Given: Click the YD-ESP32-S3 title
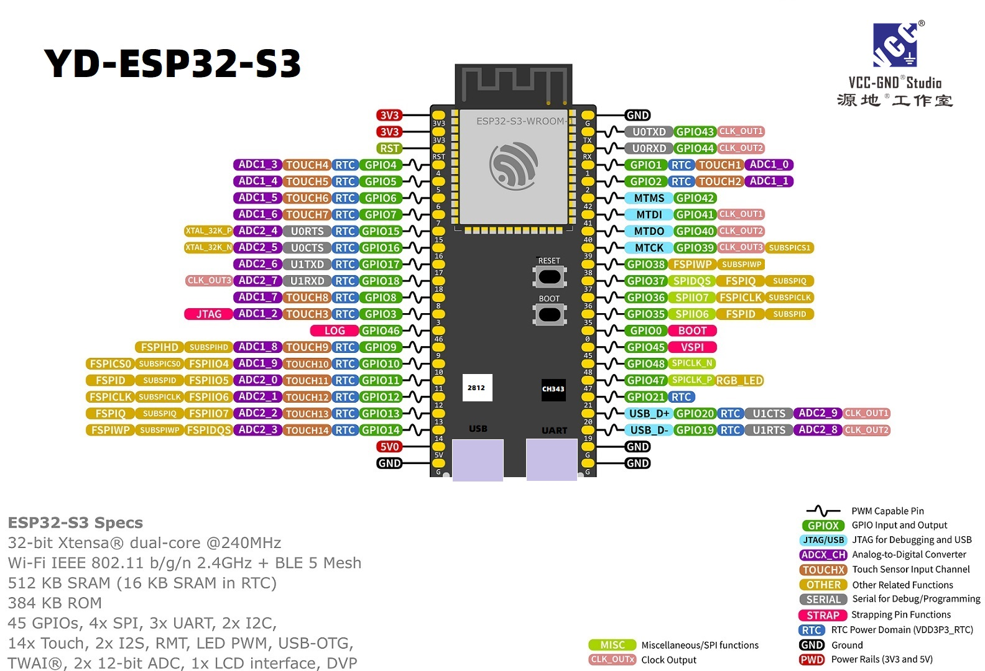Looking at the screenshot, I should click(172, 63).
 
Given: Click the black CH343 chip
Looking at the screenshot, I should click(553, 389).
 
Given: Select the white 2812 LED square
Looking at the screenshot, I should click(477, 388).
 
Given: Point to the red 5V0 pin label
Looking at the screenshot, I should click(389, 447).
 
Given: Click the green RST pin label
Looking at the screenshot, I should click(389, 148).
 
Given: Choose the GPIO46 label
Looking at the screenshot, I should click(381, 331).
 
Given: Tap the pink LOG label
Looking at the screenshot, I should click(335, 331).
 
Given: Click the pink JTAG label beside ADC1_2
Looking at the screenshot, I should click(208, 314).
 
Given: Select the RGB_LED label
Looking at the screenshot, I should click(739, 380).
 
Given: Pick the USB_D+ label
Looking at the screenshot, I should click(649, 414).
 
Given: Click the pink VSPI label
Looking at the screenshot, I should click(692, 347).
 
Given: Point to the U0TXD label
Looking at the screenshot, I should click(649, 132).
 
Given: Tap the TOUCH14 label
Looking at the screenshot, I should click(307, 430).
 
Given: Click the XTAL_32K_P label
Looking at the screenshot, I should click(208, 231).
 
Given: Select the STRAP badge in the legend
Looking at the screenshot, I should click(823, 615).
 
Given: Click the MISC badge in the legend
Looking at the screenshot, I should click(613, 645).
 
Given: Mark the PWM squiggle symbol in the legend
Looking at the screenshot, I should click(823, 511).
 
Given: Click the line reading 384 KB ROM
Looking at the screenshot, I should click(55, 603).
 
